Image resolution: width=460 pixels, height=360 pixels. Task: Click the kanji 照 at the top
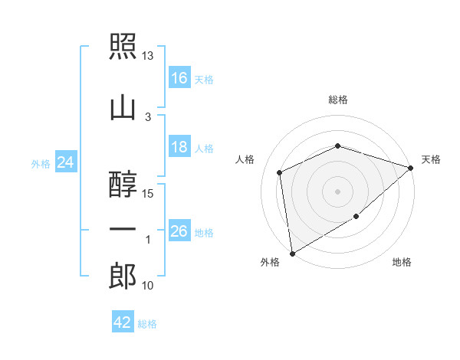[x=123, y=46]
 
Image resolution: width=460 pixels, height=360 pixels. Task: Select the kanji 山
[x=123, y=109]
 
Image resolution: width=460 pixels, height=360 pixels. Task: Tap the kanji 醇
[x=123, y=185]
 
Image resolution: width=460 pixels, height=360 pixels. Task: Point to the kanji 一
[x=123, y=229]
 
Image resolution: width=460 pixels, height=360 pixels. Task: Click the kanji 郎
[x=123, y=276]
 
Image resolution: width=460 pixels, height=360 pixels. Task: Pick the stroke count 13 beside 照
[x=147, y=56]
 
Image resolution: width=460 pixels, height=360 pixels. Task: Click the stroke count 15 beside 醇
[x=147, y=194]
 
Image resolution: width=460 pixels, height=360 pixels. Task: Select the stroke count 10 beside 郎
[x=147, y=286]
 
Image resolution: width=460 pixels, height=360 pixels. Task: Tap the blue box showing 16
[x=179, y=77]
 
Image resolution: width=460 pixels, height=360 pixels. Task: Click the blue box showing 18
[x=179, y=146]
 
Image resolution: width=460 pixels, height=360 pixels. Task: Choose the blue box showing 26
[x=179, y=230]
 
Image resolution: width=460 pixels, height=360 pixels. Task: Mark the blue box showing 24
[x=66, y=162]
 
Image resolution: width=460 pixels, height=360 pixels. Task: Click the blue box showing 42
[x=123, y=321]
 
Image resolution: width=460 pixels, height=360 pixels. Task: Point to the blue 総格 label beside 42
[x=147, y=324]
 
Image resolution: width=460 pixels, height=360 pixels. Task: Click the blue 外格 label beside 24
[x=41, y=164]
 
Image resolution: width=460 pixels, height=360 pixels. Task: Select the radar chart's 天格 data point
[x=410, y=168]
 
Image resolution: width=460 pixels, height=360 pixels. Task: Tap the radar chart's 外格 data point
[x=292, y=254]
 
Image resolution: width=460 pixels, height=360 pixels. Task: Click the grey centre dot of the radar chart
[x=337, y=191]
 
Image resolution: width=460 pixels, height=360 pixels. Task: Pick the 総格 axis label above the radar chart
[x=338, y=100]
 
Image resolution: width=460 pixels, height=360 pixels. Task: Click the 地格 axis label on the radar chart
[x=402, y=262]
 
